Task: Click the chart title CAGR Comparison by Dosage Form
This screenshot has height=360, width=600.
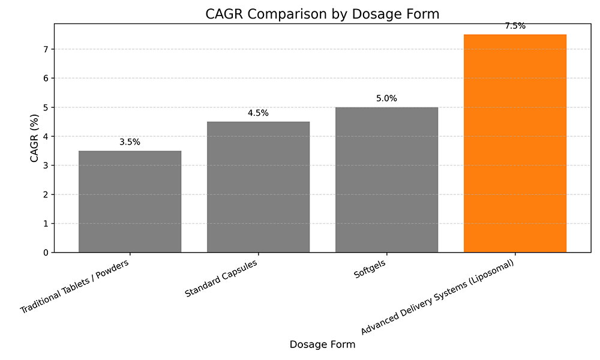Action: tap(322, 14)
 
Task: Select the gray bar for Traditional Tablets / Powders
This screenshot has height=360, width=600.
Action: tap(130, 202)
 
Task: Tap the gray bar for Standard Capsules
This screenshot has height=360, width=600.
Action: tap(258, 187)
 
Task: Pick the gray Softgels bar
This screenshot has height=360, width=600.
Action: tap(386, 180)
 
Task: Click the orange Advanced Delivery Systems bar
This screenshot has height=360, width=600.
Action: tap(515, 144)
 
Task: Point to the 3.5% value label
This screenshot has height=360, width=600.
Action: tap(130, 142)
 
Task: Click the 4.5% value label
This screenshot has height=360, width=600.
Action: tap(258, 113)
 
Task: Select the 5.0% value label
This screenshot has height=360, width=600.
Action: tap(386, 98)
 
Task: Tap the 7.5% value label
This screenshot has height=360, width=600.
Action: tap(515, 26)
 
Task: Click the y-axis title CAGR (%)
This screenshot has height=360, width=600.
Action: tap(35, 138)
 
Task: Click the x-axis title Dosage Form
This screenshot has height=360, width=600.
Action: tap(322, 344)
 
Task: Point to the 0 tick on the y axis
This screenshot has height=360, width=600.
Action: tap(46, 253)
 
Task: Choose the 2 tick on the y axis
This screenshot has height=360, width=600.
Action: tap(46, 194)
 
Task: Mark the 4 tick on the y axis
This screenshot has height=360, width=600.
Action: tap(46, 136)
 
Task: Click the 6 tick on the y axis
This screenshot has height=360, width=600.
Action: tap(46, 78)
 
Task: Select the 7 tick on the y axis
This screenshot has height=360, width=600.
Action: tap(46, 49)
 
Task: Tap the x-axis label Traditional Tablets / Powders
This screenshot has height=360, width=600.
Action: tap(76, 286)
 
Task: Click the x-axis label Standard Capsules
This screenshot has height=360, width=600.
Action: tap(222, 278)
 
